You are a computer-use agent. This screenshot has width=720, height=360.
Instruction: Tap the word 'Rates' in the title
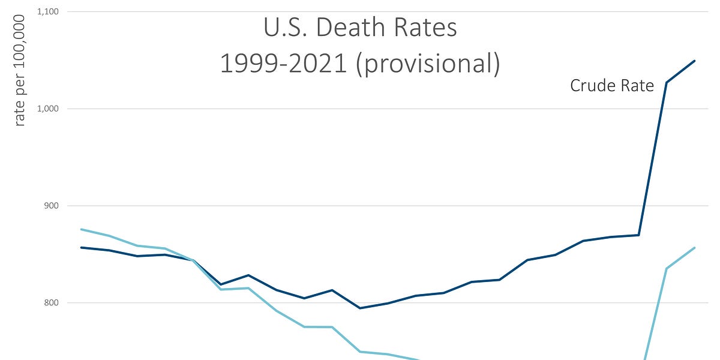coord(427,28)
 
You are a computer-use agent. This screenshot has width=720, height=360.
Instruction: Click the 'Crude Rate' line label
coord(611,86)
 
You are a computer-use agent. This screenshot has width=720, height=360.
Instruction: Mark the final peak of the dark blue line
coord(694,61)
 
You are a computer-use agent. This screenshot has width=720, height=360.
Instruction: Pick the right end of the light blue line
coord(694,248)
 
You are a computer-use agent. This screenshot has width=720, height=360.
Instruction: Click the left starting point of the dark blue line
coord(81,247)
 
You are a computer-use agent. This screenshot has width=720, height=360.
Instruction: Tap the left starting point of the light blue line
coord(81,229)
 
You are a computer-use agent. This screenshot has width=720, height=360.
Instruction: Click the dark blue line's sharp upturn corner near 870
coord(638,235)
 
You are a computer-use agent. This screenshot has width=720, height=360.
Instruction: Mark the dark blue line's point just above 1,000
coord(667,82)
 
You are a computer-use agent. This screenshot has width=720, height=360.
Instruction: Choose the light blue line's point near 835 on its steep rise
coord(667,268)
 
